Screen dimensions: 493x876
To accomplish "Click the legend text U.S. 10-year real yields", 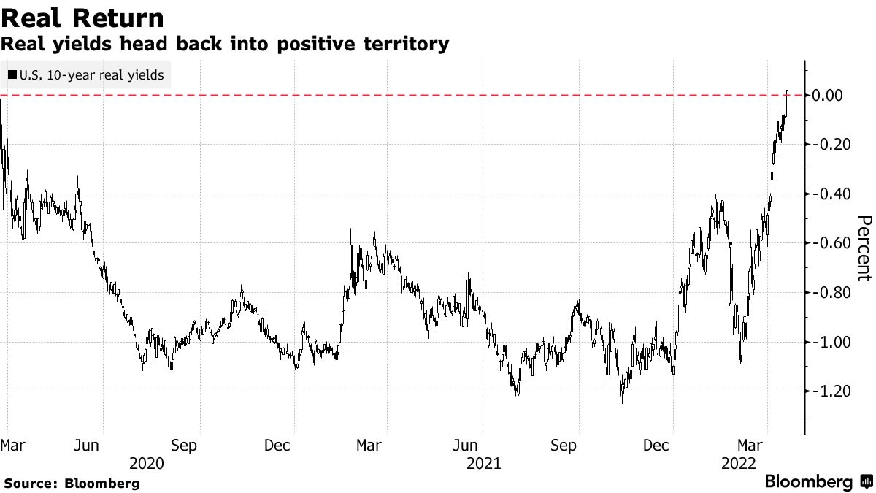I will (91, 74).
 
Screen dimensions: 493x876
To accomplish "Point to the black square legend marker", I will (11, 74).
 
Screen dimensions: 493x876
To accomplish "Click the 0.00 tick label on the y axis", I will (829, 95).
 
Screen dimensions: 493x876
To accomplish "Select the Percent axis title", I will (864, 248).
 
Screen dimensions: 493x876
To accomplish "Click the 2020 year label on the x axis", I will (146, 463).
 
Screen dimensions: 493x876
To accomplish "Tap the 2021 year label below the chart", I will (483, 463).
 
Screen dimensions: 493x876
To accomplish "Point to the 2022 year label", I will (737, 463).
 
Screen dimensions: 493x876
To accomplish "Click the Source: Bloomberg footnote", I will (72, 483).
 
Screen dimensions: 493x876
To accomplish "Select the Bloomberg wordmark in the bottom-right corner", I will (808, 482).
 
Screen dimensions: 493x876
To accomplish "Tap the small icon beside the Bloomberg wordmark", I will (866, 482).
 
